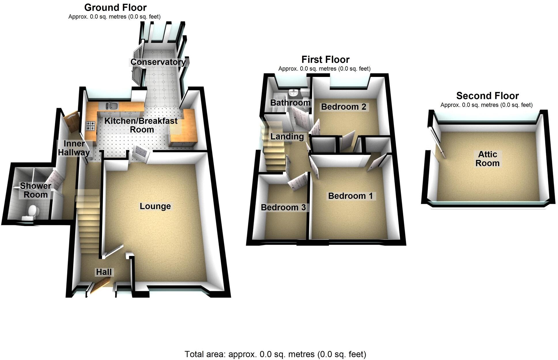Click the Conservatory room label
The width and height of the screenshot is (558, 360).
click(x=158, y=62)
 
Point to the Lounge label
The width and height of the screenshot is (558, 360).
click(x=155, y=206)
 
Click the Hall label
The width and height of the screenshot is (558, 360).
click(x=104, y=272)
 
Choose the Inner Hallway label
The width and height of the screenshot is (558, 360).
click(x=74, y=148)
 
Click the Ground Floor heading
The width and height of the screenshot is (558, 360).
click(x=115, y=7)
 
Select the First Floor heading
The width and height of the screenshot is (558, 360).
click(x=325, y=59)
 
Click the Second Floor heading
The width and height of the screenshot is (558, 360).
click(x=487, y=95)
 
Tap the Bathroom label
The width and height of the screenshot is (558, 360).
click(x=290, y=103)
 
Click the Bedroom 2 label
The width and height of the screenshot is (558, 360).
click(x=343, y=107)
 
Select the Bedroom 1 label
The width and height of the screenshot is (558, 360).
click(x=350, y=196)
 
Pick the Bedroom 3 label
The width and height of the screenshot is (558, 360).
click(x=283, y=208)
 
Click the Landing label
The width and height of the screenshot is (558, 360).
click(x=287, y=136)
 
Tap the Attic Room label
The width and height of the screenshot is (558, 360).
click(x=487, y=159)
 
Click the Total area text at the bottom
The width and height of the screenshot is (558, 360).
click(x=275, y=354)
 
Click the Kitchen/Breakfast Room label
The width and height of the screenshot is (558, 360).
click(x=141, y=125)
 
